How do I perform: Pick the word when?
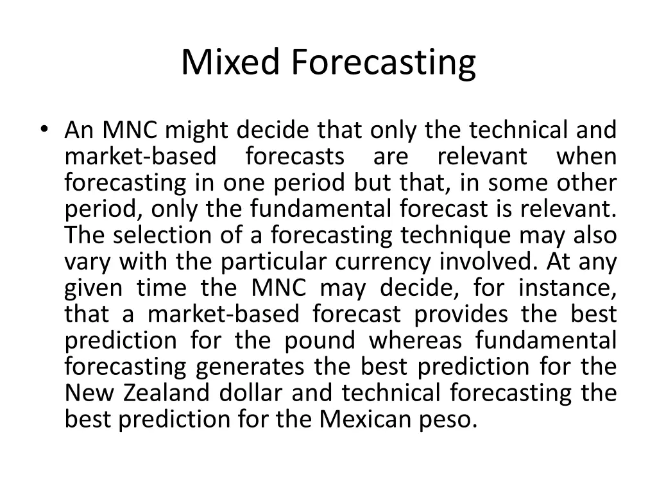click(x=586, y=157)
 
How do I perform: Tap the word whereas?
click(x=414, y=340)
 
